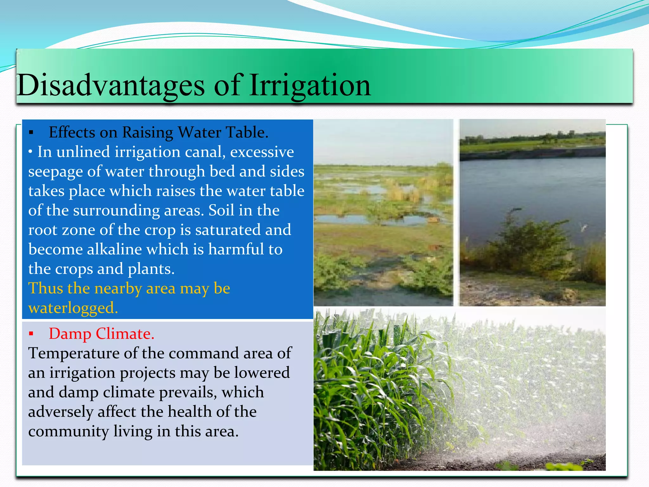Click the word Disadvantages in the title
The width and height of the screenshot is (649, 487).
(111, 85)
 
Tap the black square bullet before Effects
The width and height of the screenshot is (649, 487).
(31, 133)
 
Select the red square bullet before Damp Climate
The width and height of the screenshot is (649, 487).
(31, 334)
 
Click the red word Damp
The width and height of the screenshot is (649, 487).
(70, 334)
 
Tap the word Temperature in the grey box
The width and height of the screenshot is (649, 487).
(74, 354)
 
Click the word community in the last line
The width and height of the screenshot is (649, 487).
(68, 432)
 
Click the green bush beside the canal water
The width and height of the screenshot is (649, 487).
(529, 247)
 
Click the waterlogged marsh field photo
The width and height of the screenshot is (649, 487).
(383, 212)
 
